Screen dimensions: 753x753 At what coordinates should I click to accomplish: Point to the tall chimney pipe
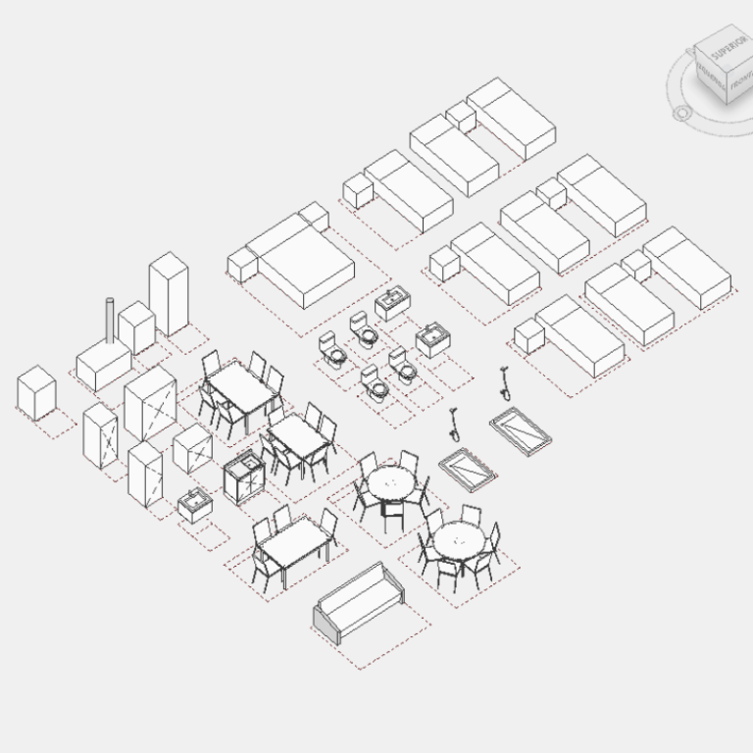coord(110,324)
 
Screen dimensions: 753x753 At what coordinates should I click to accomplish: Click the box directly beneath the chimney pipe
coord(103,365)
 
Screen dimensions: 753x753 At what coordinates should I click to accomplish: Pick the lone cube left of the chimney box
coord(36,393)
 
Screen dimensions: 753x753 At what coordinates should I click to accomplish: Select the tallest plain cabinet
coord(168,293)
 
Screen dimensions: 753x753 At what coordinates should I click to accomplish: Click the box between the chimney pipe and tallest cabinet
coord(136,327)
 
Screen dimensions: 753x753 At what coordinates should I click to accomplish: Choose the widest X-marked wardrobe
coord(150,403)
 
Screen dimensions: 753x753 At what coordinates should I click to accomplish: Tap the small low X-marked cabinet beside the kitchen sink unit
coord(193,448)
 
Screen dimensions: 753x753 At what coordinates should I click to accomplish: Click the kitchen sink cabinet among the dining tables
coord(244,476)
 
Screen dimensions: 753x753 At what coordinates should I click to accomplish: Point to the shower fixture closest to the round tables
coord(454,422)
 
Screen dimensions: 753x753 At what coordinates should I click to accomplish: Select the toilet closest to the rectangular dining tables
coord(332,348)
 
